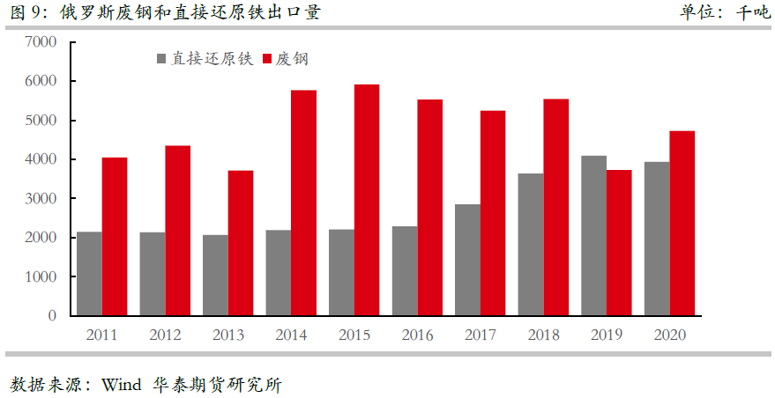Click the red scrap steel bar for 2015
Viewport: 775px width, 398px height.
pyautogui.click(x=367, y=200)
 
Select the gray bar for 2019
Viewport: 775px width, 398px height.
pyautogui.click(x=593, y=235)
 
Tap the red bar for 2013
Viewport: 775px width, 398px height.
pyautogui.click(x=241, y=242)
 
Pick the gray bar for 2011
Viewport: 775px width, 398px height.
pyautogui.click(x=89, y=273)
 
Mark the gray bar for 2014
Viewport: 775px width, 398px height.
pyautogui.click(x=279, y=272)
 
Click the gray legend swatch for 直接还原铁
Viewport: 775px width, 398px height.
pyautogui.click(x=161, y=59)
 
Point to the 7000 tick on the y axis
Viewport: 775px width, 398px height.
pyautogui.click(x=41, y=42)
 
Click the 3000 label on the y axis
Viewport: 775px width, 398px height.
pyautogui.click(x=41, y=199)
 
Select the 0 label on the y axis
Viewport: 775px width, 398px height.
pyautogui.click(x=52, y=316)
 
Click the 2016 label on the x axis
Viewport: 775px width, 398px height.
pyautogui.click(x=417, y=335)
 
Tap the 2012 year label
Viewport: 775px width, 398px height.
pyautogui.click(x=165, y=335)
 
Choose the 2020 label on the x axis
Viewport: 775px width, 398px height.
pyautogui.click(x=669, y=335)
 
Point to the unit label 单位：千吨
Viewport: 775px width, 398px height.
pyautogui.click(x=724, y=12)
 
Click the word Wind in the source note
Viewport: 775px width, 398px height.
pyautogui.click(x=121, y=385)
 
